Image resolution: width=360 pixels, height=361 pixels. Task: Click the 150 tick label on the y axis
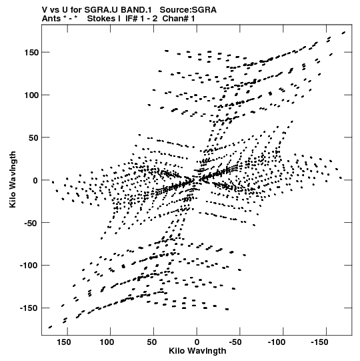(31, 53)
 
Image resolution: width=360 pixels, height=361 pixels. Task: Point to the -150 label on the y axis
(29, 308)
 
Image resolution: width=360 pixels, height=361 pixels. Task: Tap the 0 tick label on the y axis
(35, 180)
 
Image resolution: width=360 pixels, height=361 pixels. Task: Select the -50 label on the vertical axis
(31, 223)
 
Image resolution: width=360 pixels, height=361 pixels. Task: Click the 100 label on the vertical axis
(31, 95)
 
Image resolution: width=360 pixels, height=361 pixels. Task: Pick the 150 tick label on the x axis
(64, 342)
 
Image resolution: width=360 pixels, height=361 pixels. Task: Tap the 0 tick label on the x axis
(197, 342)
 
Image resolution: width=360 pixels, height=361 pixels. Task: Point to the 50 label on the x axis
(152, 342)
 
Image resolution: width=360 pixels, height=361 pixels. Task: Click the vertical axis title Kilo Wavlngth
(13, 179)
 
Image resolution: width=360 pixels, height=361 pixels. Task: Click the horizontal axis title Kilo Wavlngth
(197, 351)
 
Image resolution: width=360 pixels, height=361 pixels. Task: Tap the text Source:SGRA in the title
(188, 10)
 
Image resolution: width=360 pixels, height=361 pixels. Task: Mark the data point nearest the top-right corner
(343, 33)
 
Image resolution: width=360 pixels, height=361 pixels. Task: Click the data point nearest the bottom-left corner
(50, 327)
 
